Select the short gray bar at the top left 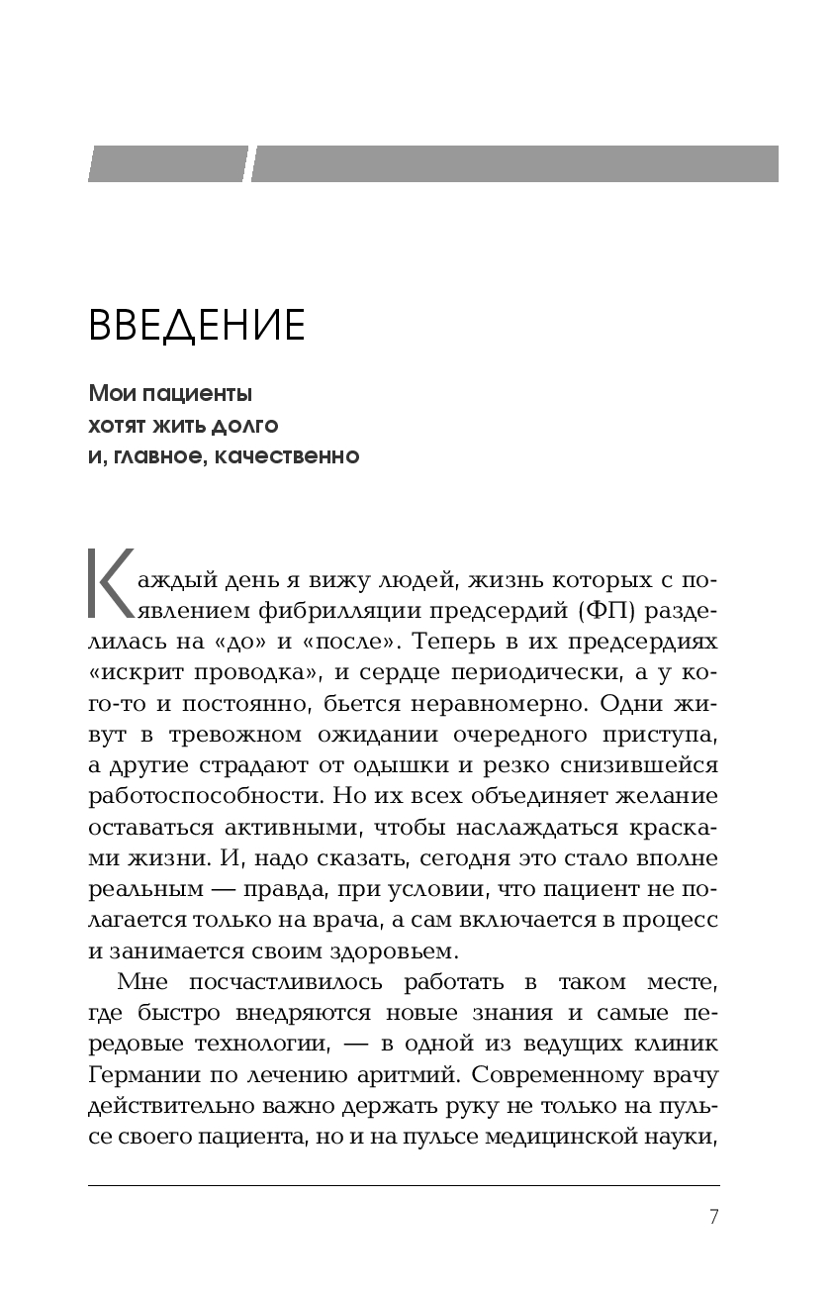[167, 164]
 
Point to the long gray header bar [514, 164]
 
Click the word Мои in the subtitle [110, 394]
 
